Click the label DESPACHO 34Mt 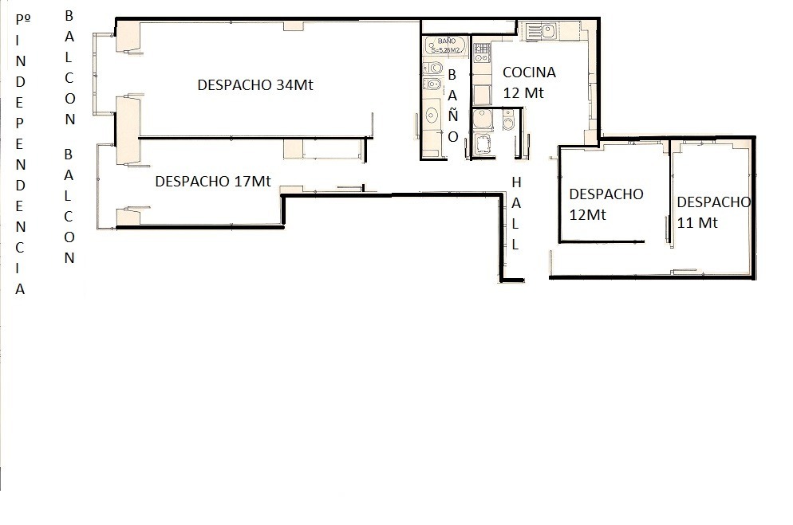[x=255, y=84]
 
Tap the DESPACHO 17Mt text [x=213, y=181]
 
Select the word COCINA [x=529, y=72]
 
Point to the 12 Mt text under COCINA [x=523, y=93]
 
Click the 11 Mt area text [x=697, y=222]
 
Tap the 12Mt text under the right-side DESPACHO [x=587, y=215]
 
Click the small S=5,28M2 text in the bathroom [x=445, y=50]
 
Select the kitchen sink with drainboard [x=541, y=31]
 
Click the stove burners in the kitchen [x=482, y=53]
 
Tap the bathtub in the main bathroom [x=445, y=45]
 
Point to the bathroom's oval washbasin [x=432, y=116]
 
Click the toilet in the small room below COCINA [x=508, y=120]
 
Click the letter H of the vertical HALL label [x=516, y=182]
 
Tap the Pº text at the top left [x=23, y=19]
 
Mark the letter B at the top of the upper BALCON [x=69, y=16]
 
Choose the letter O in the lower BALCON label [x=69, y=237]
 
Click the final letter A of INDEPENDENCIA [x=20, y=289]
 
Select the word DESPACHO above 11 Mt [x=713, y=202]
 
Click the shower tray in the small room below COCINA [x=483, y=144]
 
